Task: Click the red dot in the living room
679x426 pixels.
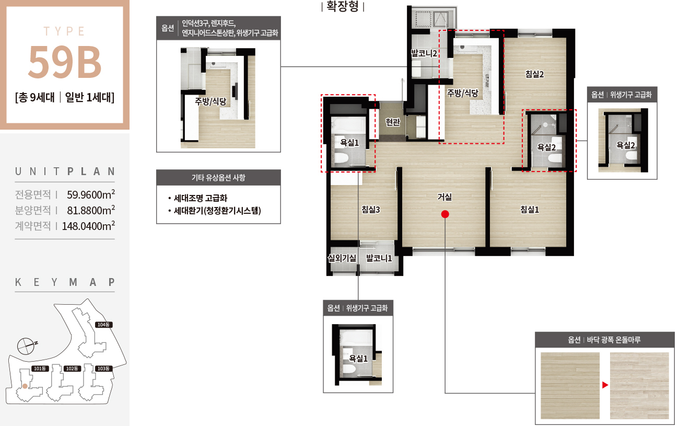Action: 444,214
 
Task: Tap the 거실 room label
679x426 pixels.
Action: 444,197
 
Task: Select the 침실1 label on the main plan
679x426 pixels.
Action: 529,210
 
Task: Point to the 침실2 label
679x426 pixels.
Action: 534,74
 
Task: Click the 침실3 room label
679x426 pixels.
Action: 370,210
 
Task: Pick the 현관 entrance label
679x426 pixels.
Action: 393,122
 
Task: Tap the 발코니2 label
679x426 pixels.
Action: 424,53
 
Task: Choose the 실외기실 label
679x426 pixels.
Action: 342,258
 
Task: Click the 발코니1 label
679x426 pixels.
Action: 379,258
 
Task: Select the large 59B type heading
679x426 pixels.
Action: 65,62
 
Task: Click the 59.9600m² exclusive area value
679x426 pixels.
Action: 91,194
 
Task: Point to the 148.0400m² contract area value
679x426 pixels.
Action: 88,226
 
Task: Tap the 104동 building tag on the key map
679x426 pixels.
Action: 103,325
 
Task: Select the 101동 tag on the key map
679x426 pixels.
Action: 40,369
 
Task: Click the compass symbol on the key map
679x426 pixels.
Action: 26,346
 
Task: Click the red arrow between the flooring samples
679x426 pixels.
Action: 605,385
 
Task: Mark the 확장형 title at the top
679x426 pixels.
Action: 343,6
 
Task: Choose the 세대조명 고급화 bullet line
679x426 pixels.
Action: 197,198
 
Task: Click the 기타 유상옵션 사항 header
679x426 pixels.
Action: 218,178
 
